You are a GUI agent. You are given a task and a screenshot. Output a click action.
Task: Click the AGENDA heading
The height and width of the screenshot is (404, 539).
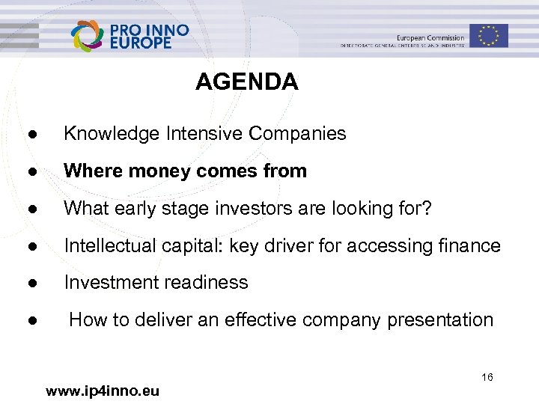(246, 82)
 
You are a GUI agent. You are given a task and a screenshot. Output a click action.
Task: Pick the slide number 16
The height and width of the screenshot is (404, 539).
(487, 378)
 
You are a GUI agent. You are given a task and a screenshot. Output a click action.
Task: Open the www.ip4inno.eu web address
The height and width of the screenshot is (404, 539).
(103, 391)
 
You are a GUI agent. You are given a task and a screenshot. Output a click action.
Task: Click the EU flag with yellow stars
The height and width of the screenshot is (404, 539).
(489, 35)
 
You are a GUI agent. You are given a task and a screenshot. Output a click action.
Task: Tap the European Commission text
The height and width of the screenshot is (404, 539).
(430, 37)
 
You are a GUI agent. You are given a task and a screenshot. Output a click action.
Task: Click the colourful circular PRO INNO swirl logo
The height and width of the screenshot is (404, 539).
(88, 35)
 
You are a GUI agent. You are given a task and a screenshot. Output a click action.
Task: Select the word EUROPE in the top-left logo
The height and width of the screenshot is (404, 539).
(141, 44)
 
